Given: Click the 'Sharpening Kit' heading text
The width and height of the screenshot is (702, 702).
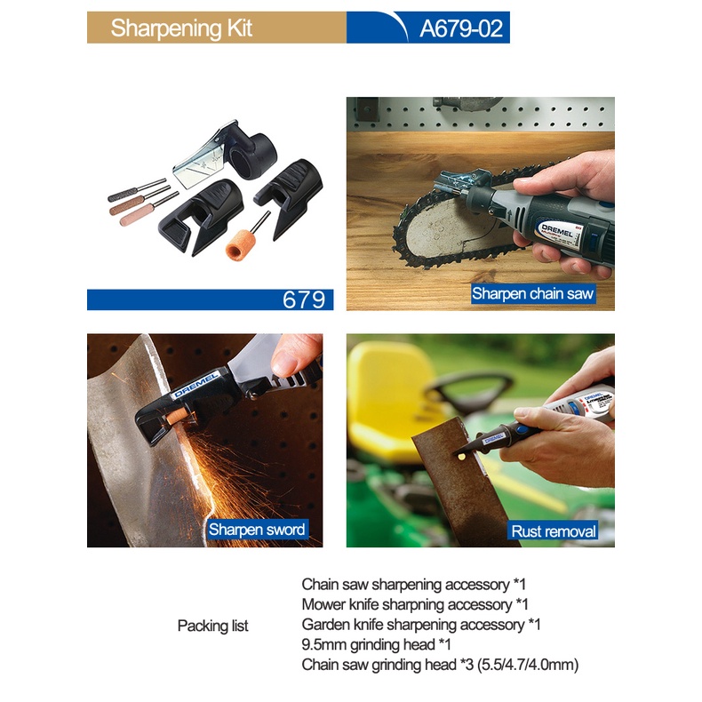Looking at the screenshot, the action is [x=181, y=28].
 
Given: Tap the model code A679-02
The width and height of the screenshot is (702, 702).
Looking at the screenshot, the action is [x=460, y=28].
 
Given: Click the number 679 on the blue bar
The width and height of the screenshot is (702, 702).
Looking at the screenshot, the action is [x=304, y=299].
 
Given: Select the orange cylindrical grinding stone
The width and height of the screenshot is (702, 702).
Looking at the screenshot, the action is [x=241, y=244].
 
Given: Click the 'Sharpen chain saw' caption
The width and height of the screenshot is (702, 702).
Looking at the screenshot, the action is [x=532, y=293].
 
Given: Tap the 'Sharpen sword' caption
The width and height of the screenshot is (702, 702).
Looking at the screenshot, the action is [x=257, y=530].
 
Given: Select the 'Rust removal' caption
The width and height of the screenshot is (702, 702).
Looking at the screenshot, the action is [x=554, y=531].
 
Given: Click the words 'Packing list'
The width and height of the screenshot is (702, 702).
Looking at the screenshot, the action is [x=212, y=626].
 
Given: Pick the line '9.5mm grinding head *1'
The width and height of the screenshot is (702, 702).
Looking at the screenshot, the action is [x=376, y=644].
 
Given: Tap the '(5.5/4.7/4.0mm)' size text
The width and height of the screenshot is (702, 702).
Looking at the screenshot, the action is [x=528, y=665].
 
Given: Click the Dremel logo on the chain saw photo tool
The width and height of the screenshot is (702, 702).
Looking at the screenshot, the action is [x=556, y=231].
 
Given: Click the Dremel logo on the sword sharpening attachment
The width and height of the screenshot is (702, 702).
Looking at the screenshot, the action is [x=195, y=385].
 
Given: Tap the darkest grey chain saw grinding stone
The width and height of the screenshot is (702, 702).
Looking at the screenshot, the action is [x=124, y=194].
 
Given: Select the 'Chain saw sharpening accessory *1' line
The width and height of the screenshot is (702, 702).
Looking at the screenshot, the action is [x=413, y=584].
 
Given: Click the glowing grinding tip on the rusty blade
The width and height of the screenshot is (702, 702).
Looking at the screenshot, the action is [x=461, y=456].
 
